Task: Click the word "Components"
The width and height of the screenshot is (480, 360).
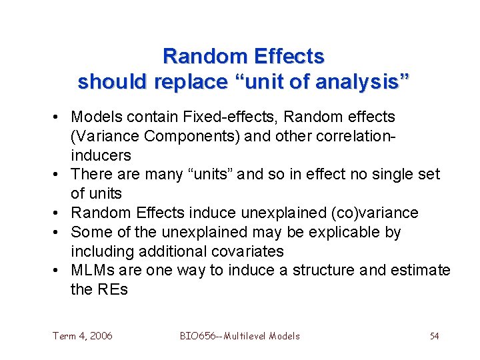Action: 175,137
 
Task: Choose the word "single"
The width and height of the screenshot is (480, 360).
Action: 387,175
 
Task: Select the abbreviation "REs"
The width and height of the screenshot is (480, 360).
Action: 111,290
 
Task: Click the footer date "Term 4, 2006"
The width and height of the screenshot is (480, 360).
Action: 83,336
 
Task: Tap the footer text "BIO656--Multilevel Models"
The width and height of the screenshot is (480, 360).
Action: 240,336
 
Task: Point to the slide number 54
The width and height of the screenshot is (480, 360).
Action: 434,336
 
